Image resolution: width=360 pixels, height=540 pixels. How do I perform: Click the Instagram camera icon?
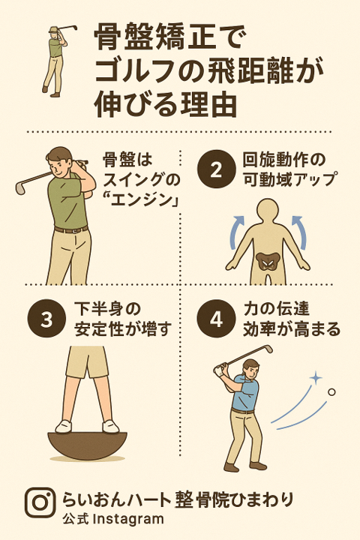pos(40,502)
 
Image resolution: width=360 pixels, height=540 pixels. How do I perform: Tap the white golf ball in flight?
pos(331,391)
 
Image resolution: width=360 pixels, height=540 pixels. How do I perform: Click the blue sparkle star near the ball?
pos(315,376)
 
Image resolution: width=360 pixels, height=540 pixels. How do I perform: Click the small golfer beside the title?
pos(54,60)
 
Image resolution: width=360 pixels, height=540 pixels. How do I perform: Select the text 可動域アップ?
pos(289,179)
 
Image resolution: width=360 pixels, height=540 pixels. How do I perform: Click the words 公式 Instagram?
pos(112,519)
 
